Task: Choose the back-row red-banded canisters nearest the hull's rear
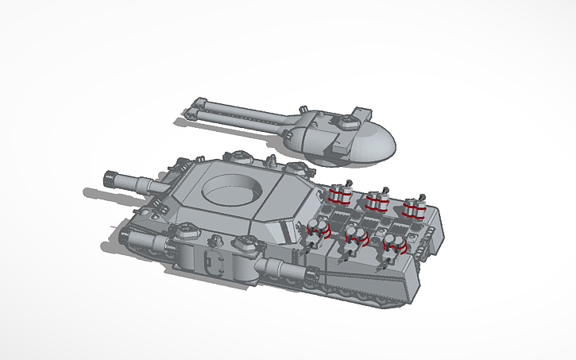pyautogui.click(x=412, y=207)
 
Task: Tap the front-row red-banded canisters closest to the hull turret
pyautogui.click(x=319, y=230)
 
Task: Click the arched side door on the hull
pyautogui.click(x=211, y=261)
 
